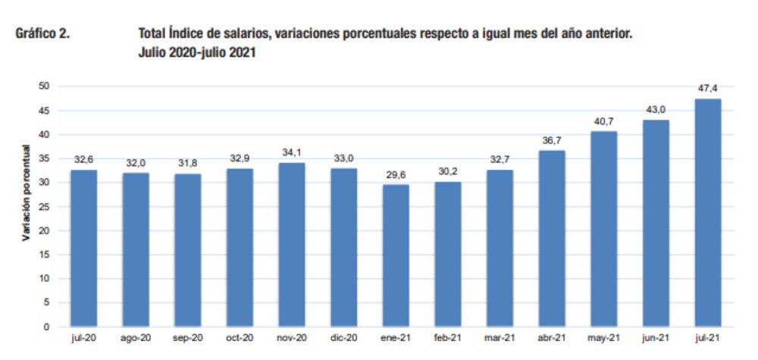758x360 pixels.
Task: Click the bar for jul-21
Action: click(x=707, y=213)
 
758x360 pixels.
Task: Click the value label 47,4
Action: click(x=708, y=89)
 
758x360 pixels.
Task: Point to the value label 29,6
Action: click(x=396, y=174)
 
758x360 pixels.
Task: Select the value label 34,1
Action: click(x=292, y=152)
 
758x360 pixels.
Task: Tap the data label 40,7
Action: click(x=603, y=121)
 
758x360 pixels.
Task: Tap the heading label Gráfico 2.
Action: click(x=43, y=34)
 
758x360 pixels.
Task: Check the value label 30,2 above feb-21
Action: click(x=447, y=171)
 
